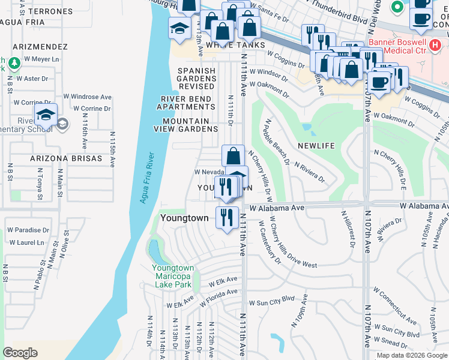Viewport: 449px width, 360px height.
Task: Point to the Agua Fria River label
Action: coord(145,177)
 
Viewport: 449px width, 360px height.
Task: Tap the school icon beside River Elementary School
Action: coord(46,115)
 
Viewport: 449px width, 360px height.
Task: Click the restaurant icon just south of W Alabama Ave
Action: coord(226,217)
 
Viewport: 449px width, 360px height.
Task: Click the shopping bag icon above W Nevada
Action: coord(233,156)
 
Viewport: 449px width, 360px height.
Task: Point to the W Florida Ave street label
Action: coord(218,294)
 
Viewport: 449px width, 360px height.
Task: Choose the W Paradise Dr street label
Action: coord(28,230)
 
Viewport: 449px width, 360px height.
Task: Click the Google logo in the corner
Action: coord(20,353)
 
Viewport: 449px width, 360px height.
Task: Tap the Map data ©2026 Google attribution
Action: coord(412,355)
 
